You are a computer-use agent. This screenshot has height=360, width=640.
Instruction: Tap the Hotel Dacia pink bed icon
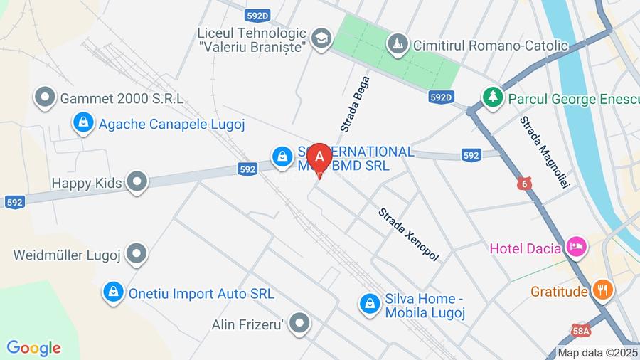click(x=576, y=248)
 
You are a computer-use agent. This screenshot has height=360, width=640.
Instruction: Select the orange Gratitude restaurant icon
click(x=602, y=290)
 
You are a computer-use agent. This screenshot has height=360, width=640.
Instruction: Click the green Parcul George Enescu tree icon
click(x=491, y=97)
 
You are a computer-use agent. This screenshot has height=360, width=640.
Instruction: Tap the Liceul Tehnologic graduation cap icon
click(x=322, y=38)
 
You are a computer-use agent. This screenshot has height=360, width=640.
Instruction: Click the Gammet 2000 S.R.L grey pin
click(x=46, y=97)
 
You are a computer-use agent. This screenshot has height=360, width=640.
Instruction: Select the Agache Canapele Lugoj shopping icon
click(x=84, y=122)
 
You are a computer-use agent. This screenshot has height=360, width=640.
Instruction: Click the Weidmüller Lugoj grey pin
click(x=136, y=253)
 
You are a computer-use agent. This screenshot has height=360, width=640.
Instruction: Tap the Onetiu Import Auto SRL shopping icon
click(x=112, y=292)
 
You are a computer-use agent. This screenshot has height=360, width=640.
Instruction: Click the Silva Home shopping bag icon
click(x=369, y=304)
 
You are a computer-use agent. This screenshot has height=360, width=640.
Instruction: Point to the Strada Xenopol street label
click(x=408, y=234)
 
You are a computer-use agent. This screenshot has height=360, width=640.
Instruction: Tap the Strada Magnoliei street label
click(x=545, y=151)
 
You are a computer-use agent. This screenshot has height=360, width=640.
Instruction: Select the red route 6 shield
click(x=525, y=184)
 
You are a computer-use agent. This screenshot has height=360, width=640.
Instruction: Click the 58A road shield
click(x=581, y=331)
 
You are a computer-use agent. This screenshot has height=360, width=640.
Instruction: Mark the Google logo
click(x=33, y=348)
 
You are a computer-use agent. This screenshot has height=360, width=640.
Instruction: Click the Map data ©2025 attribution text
click(x=597, y=352)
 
